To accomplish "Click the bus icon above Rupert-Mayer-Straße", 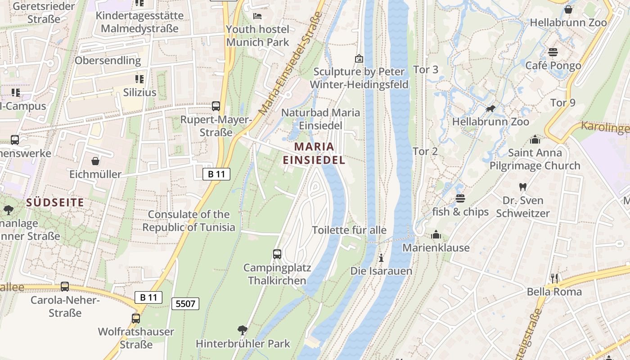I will [216, 106].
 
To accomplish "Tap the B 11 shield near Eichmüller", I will [216, 174].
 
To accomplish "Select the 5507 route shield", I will [185, 304].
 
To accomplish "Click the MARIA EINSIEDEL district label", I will [314, 153].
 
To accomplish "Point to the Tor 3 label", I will [425, 70].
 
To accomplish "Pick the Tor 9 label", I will [562, 103].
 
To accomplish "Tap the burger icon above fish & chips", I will [460, 198].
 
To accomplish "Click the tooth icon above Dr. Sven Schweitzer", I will [522, 187].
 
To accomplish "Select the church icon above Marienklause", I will [436, 234].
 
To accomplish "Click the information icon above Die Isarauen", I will [381, 258].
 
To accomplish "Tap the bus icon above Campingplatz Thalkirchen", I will [277, 254].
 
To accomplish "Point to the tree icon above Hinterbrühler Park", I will [243, 330].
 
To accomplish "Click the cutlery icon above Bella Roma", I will [554, 278].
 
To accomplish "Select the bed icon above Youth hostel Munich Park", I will [257, 16].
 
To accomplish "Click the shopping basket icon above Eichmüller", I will [95, 161].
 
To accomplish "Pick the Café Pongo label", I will [553, 66].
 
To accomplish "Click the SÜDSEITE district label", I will [55, 202].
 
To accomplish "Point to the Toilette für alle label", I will [349, 230].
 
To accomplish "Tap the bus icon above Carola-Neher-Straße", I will [65, 286].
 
